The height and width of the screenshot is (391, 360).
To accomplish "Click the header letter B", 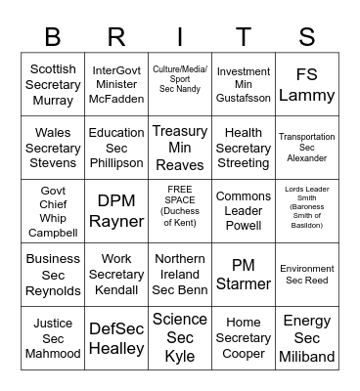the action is tap(53, 37).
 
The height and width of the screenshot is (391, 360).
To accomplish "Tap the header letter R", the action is tap(116, 37).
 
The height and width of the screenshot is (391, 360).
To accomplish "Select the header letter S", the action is tap(307, 37).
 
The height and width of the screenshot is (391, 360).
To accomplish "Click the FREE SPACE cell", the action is tap(180, 211).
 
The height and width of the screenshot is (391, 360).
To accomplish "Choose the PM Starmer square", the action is tap(244, 275).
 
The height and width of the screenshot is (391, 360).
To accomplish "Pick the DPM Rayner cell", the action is tap(116, 211).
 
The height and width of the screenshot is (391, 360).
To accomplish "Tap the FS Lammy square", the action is tap(307, 84).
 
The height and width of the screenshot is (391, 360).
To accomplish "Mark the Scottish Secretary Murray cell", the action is tap(53, 84).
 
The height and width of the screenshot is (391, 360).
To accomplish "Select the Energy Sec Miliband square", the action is tap(307, 338).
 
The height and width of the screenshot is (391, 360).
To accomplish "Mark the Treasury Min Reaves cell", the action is tap(180, 148).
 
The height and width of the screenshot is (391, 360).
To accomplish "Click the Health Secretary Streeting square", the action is tap(244, 148).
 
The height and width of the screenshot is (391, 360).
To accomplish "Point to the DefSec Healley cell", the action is tap(116, 338).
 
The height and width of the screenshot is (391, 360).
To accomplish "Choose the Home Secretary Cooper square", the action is tap(244, 338).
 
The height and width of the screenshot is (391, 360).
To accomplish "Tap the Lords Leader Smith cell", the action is tap(307, 211).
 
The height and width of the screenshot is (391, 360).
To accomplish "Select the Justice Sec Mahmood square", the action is tap(53, 338).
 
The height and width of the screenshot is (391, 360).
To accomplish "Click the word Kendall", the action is tap(116, 290).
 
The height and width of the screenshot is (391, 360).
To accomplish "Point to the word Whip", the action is tap(53, 219).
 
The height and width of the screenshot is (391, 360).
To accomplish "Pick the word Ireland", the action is tap(180, 275).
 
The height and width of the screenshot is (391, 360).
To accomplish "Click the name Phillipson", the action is tap(116, 162).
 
